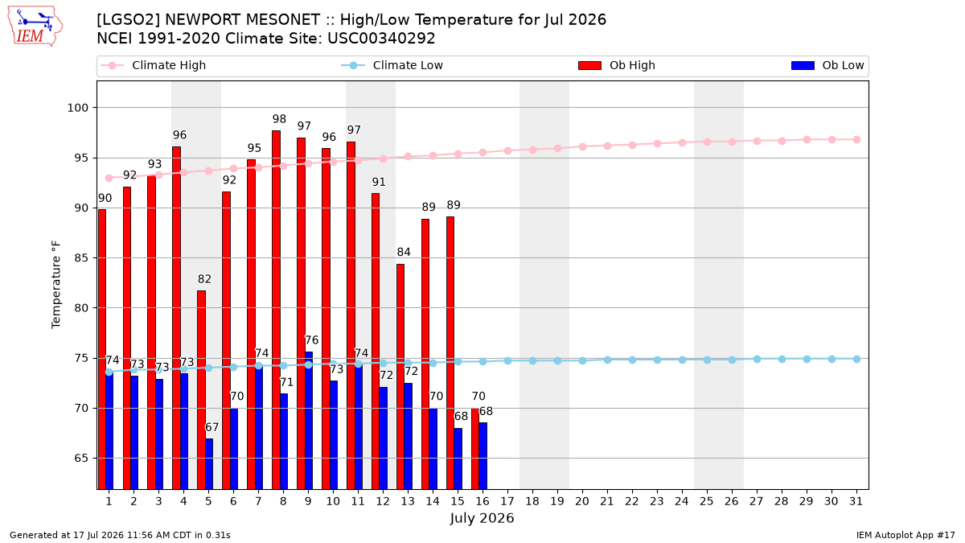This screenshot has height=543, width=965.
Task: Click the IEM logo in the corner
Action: point(35,27)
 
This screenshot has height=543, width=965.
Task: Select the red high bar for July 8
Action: point(276,310)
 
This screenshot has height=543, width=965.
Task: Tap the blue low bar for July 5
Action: point(209,463)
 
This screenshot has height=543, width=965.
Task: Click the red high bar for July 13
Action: point(400,376)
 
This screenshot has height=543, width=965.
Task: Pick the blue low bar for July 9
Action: point(309,420)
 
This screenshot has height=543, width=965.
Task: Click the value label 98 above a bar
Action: point(279,119)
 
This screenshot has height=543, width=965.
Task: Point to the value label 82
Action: point(204,279)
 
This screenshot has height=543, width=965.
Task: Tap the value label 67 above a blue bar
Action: point(212,427)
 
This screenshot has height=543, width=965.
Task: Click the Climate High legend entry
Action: point(153,65)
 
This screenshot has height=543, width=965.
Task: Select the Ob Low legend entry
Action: point(827,65)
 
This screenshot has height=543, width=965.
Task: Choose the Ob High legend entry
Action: point(617,65)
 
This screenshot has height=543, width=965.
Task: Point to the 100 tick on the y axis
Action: point(77,108)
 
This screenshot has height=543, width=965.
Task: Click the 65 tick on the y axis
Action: point(81,458)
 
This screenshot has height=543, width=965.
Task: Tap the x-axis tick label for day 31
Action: point(856,502)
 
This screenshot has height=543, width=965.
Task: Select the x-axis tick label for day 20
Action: point(582,502)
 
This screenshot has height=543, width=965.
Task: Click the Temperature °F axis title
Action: point(56,285)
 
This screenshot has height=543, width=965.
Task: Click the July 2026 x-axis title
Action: point(482,518)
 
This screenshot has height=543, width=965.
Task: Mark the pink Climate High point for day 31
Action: point(857,140)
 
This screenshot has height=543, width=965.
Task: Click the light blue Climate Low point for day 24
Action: point(683,360)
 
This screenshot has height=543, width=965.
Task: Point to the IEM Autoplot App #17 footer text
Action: point(905,535)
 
